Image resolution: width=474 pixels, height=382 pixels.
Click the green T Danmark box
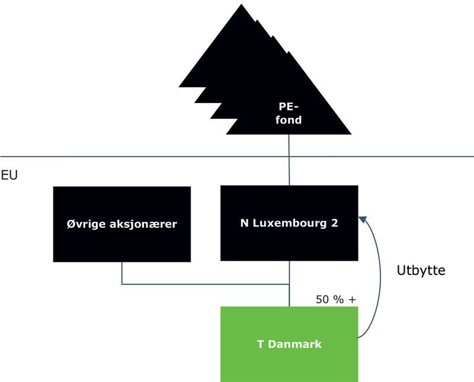pyautogui.click(x=289, y=344)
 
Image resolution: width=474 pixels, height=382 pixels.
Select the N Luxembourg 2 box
pyautogui.click(x=289, y=224)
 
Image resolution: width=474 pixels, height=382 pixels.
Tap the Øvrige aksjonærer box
pyautogui.click(x=121, y=224)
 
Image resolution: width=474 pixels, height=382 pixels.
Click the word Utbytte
pyautogui.click(x=420, y=270)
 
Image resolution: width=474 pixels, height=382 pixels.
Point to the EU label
pyautogui.click(x=9, y=176)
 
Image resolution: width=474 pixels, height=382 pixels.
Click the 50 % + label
pyautogui.click(x=336, y=299)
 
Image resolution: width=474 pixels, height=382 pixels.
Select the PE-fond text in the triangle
pyautogui.click(x=290, y=114)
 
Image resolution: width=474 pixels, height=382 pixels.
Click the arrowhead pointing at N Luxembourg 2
pyautogui.click(x=363, y=221)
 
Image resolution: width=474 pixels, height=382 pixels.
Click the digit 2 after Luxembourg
pyautogui.click(x=335, y=224)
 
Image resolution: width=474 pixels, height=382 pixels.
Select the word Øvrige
pyautogui.click(x=86, y=224)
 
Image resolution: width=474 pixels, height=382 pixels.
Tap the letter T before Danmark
pyautogui.click(x=260, y=344)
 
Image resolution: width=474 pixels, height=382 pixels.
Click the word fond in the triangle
pyautogui.click(x=290, y=120)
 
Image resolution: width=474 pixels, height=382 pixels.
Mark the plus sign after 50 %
pyautogui.click(x=353, y=299)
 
